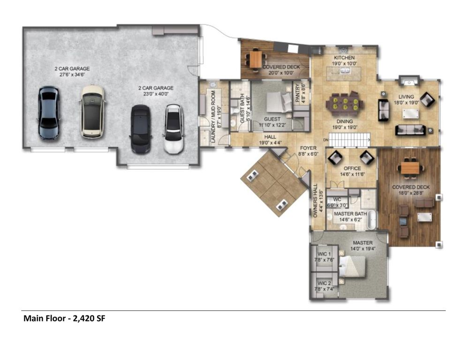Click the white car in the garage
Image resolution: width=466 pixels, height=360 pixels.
click(173, 129)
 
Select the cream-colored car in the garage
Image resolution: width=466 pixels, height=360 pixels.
click(92, 112)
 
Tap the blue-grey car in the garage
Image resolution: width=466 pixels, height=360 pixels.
click(49, 112)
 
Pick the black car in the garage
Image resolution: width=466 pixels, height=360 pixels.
click(141, 129)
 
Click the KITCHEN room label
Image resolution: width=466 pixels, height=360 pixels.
click(344, 58)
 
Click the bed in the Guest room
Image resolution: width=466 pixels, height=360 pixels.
click(279, 102)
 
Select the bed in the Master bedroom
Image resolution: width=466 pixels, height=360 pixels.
click(352, 267)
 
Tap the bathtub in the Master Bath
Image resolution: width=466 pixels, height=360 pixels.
click(372, 219)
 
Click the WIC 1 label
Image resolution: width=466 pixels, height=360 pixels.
click(324, 254)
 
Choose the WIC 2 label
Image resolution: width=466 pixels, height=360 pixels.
click(324, 283)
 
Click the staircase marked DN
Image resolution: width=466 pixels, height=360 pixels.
click(350, 139)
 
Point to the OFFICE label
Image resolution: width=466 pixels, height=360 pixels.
click(353, 169)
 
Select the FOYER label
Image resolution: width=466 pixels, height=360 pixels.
click(308, 148)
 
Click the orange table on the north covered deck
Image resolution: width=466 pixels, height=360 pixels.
click(256, 60)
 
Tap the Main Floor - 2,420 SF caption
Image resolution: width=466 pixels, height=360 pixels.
click(65, 318)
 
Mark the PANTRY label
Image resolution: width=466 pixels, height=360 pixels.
click(298, 93)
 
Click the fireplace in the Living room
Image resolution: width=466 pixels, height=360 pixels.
click(409, 81)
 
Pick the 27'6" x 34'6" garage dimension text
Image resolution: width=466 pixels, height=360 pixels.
click(72, 75)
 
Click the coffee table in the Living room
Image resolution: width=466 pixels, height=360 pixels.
click(411, 114)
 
